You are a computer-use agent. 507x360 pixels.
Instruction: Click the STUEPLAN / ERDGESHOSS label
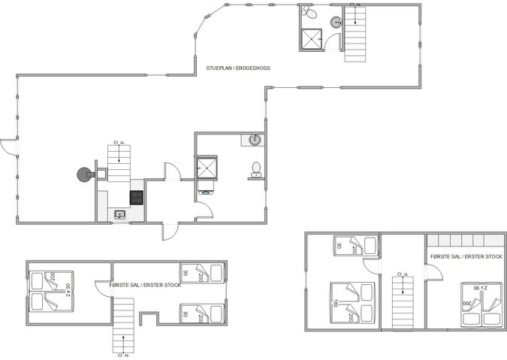point(238,68)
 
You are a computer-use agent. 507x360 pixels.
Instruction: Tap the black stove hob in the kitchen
point(137,198)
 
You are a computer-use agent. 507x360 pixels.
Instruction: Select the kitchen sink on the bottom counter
point(119,215)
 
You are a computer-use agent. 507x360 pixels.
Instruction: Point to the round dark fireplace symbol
point(81,175)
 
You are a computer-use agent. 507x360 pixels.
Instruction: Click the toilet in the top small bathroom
point(308,13)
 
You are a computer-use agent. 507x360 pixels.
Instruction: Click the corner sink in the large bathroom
point(255,140)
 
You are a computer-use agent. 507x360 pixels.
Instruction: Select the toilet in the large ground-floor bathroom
point(256,168)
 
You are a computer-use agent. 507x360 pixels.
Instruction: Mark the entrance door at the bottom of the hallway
point(171,230)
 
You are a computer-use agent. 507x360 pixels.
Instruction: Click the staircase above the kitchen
point(119,161)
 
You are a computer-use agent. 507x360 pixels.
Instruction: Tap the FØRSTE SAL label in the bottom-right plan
point(466,256)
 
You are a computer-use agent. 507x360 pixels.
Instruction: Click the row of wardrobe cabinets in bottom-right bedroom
point(463,241)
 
